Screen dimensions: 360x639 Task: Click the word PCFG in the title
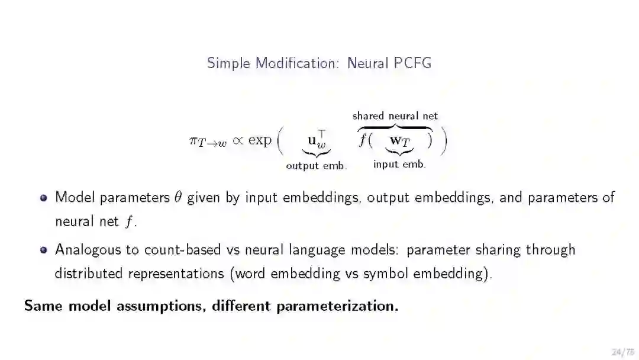click(x=412, y=63)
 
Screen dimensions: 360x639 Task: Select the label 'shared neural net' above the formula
click(x=395, y=116)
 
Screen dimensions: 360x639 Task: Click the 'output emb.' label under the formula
click(x=316, y=166)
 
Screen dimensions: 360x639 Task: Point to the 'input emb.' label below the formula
click(x=399, y=165)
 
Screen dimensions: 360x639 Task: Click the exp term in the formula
click(x=260, y=141)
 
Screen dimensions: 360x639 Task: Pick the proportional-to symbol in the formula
click(x=237, y=140)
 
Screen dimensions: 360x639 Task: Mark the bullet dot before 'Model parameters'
click(x=43, y=198)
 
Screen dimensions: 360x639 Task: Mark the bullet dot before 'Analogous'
click(x=43, y=250)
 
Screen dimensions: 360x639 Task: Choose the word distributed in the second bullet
click(x=89, y=274)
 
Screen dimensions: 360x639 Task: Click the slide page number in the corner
click(x=621, y=352)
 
